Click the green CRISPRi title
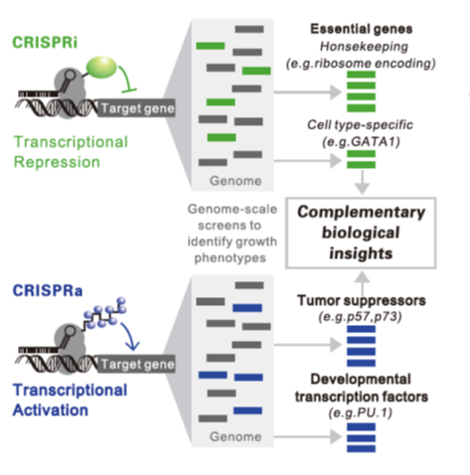coord(45,43)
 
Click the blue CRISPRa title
coord(48,290)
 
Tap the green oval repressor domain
coord(101,68)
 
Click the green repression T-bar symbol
coord(128,80)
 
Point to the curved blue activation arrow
coord(130,336)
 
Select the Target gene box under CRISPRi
coord(136,108)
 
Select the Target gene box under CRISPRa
coord(136,364)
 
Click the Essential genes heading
coord(361,29)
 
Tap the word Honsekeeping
coord(364,47)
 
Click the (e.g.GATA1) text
coord(361,142)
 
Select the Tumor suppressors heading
coord(362,300)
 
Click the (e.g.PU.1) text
coord(361,413)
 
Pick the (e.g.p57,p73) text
coord(360,317)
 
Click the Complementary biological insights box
coord(361,233)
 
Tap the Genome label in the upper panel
coord(235,181)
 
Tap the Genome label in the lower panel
coord(235,436)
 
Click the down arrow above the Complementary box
coord(362,182)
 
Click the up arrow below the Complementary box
coord(363,283)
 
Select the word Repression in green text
coord(57,162)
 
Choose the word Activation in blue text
coord(51,410)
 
